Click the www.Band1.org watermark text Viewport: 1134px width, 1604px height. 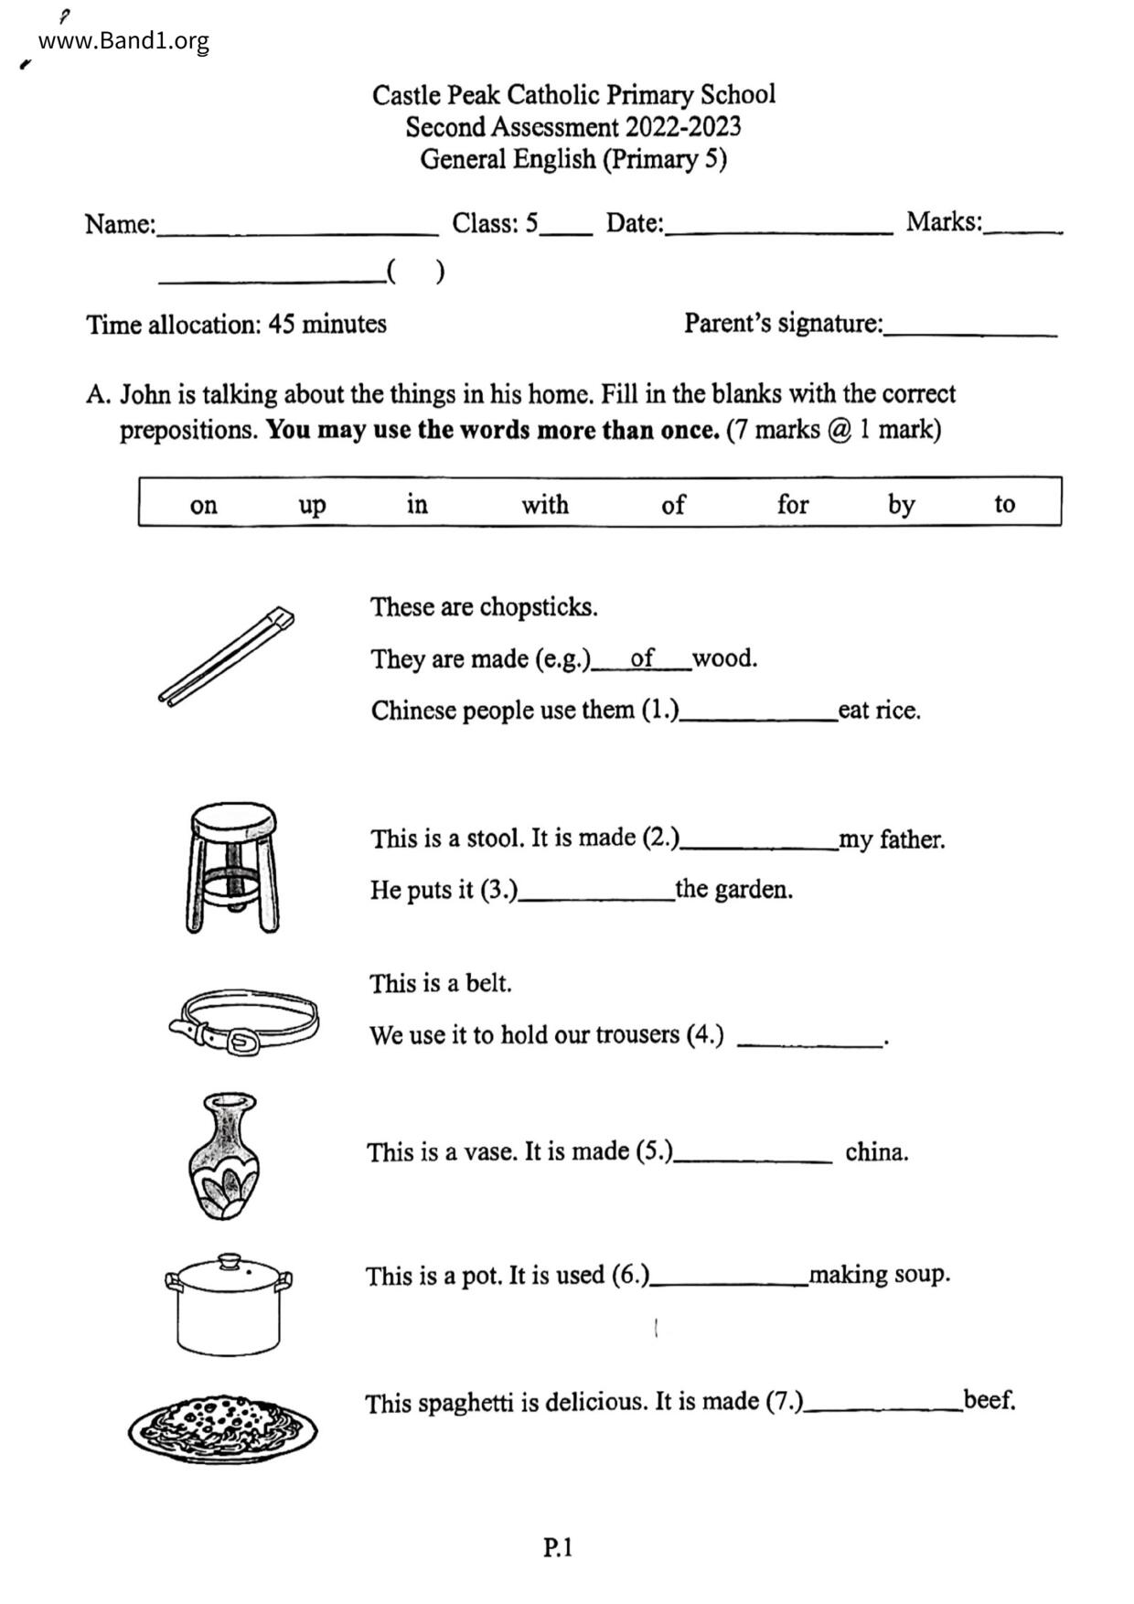[x=123, y=41]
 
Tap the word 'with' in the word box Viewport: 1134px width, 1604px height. [x=545, y=505]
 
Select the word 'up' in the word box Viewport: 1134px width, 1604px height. [x=312, y=505]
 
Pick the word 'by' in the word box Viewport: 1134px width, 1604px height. [x=901, y=505]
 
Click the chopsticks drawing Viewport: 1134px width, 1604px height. [x=226, y=656]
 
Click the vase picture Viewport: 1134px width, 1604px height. [x=225, y=1156]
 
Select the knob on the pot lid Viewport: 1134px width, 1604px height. [x=230, y=1260]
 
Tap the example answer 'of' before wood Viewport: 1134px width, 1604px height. [x=642, y=658]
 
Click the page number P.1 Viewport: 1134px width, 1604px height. [x=557, y=1547]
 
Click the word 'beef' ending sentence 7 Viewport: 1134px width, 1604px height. [x=989, y=1400]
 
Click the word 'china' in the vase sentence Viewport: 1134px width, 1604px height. [x=876, y=1152]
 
